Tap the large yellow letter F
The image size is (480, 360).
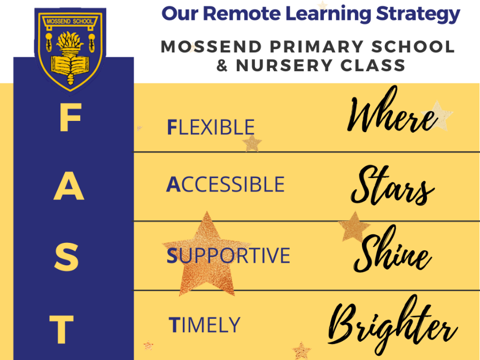[x=69, y=119]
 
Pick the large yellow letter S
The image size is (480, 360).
[x=67, y=257]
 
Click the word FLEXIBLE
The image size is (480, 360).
[x=211, y=127]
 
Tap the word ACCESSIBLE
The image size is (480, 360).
[x=225, y=185]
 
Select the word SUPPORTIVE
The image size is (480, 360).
[x=228, y=256]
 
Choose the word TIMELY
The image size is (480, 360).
[x=204, y=325]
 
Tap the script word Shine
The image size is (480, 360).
[x=392, y=254]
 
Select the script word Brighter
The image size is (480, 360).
[x=392, y=324]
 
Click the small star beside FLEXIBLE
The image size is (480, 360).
[x=251, y=143]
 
